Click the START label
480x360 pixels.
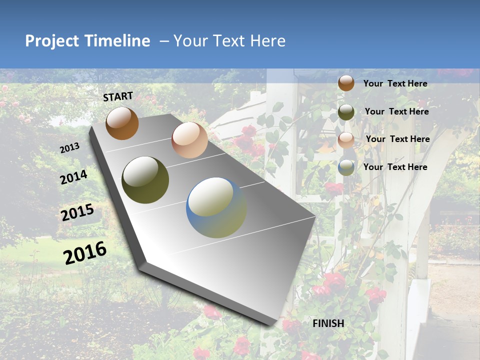coord(118,96)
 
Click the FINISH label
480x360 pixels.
coord(328,323)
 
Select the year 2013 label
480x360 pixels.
coord(69,148)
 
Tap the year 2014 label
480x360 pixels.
coord(74,177)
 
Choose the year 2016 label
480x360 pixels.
coord(85,252)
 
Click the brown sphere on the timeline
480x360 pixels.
coord(122,123)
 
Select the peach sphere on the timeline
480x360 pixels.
coord(189,140)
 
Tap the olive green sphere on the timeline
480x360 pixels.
coord(145,180)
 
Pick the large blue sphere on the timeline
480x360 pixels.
coord(216,207)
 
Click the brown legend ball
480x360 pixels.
coord(346,83)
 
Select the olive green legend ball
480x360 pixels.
coord(346,112)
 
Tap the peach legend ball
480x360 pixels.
coord(346,140)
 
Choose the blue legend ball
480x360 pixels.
coord(346,167)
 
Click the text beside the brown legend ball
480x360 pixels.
coord(395,83)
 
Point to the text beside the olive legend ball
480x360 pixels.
coord(396,111)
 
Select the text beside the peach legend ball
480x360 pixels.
coord(397,139)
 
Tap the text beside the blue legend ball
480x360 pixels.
coord(395,167)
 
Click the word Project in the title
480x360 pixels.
coord(51,41)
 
